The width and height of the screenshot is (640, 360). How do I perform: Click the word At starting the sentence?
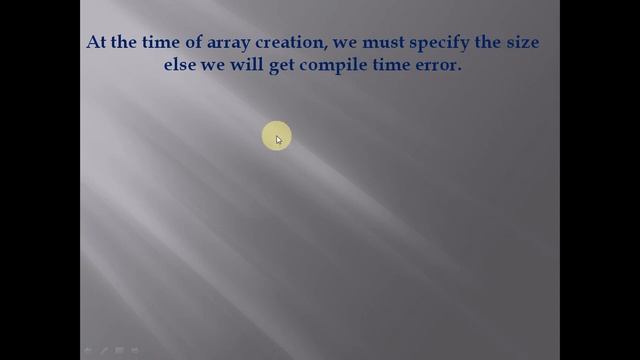97,43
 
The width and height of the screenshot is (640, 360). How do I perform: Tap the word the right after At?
126,43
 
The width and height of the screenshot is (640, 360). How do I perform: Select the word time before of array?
163,43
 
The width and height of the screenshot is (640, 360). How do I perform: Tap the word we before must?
355,44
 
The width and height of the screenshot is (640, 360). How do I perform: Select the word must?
393,43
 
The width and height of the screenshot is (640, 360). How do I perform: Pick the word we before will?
215,66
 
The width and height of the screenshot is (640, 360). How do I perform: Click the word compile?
335,66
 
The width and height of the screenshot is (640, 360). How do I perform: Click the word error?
439,66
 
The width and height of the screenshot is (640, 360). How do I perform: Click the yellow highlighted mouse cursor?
276,138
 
